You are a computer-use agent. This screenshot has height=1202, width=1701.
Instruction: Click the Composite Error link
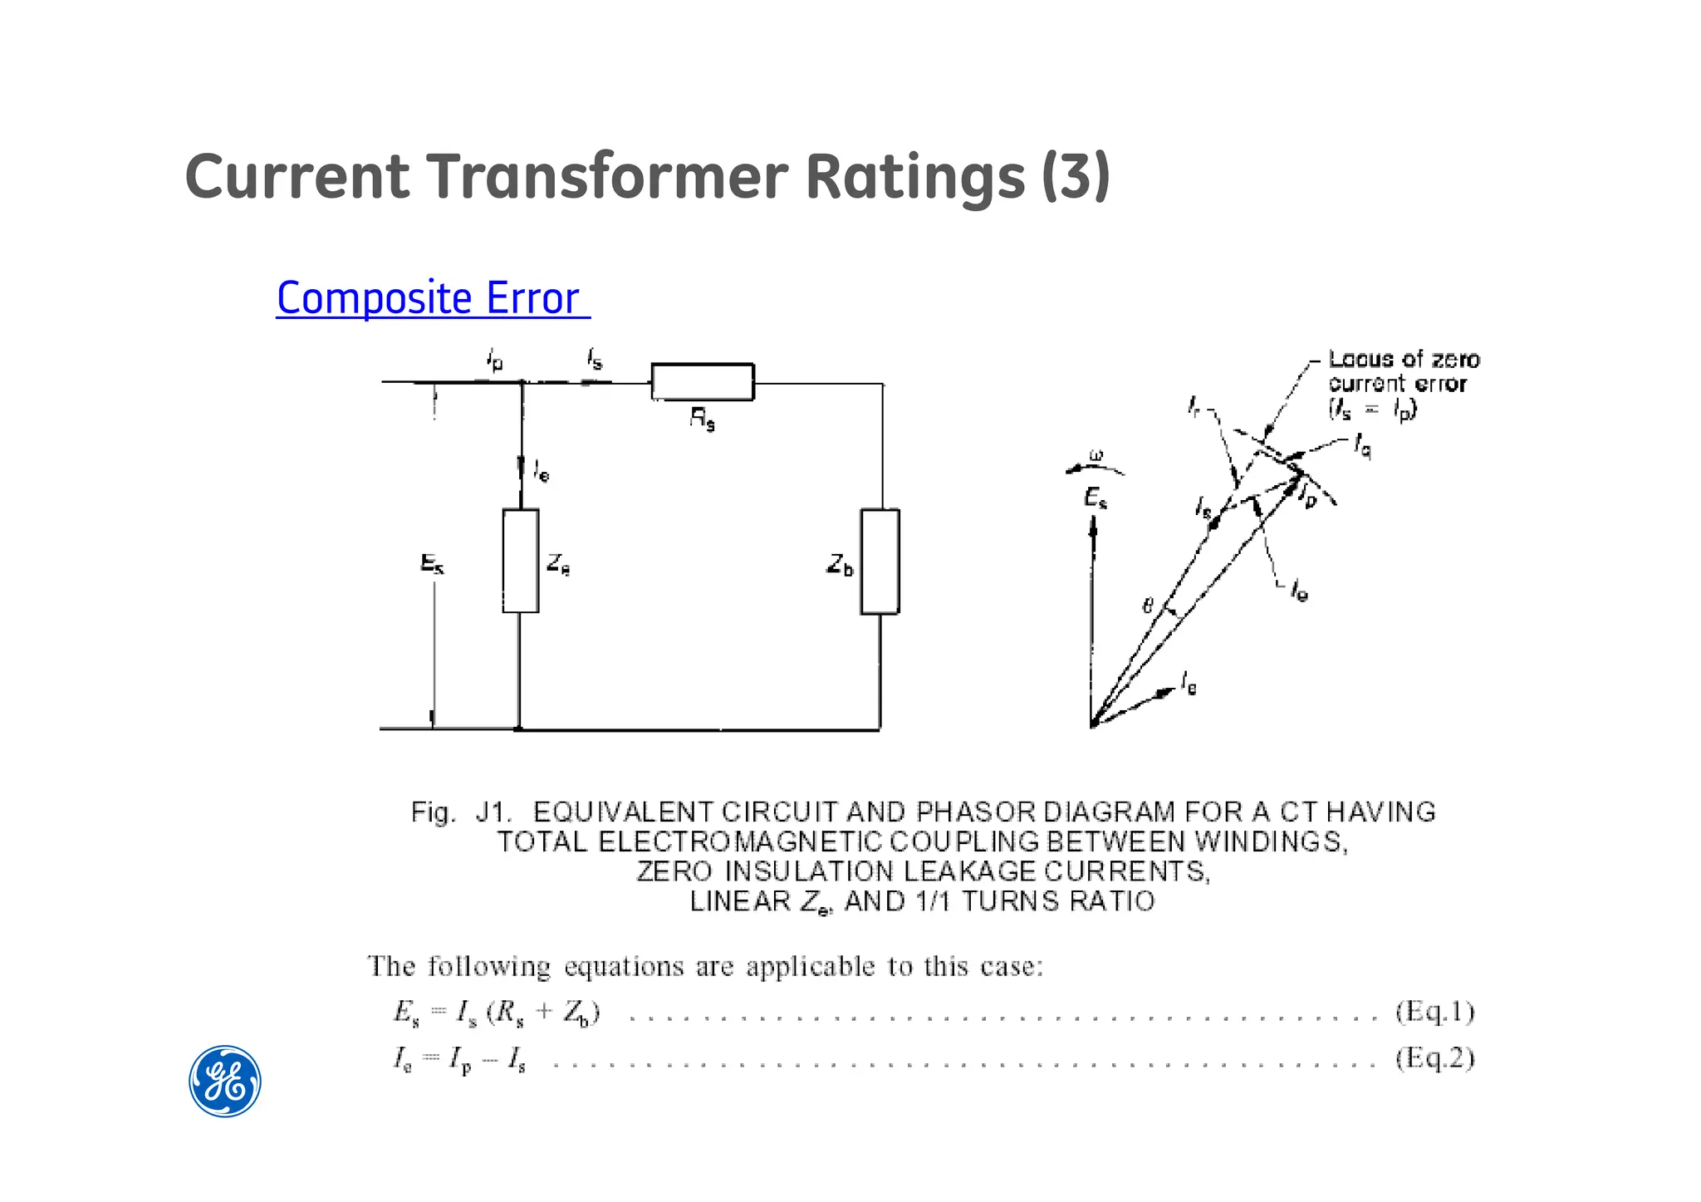tap(432, 298)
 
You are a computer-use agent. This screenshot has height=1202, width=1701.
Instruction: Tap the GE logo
tap(225, 1081)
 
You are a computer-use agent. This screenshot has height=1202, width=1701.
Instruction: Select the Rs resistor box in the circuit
tap(703, 382)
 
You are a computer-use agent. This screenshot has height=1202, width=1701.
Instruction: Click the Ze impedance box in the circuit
tap(521, 561)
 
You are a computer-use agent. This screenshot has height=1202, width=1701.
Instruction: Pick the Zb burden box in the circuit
tap(880, 562)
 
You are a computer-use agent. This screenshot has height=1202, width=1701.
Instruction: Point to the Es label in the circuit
tap(432, 564)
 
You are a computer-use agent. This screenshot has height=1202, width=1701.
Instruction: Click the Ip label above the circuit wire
tap(495, 361)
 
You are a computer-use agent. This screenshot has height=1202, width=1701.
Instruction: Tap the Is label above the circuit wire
tap(595, 359)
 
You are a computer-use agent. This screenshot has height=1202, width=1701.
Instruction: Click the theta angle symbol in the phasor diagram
tap(1148, 606)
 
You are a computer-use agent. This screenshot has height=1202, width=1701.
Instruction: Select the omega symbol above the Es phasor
tap(1096, 455)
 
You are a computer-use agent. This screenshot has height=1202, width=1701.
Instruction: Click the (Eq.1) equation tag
tap(1434, 1012)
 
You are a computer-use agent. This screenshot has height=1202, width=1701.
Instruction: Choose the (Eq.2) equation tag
tap(1434, 1058)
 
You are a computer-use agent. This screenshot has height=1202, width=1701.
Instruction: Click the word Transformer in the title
tap(608, 177)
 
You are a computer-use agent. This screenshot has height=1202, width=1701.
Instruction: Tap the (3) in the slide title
tap(1076, 177)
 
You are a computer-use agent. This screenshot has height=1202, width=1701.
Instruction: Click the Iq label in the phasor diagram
tap(1363, 445)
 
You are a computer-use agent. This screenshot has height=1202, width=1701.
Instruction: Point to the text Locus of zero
tap(1404, 360)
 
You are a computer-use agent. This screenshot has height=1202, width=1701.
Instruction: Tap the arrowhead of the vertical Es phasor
tap(1093, 525)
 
